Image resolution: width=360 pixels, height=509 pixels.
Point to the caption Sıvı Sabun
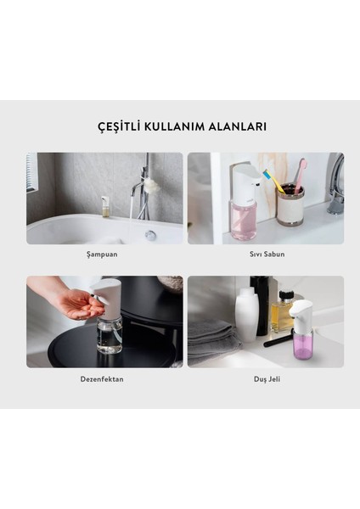(x=266, y=254)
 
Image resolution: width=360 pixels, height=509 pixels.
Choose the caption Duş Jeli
(x=266, y=378)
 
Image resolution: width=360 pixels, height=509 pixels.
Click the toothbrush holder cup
(x=290, y=206)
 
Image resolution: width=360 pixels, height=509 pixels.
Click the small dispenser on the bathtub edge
(x=105, y=206)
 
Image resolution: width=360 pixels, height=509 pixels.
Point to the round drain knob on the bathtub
(x=150, y=235)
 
